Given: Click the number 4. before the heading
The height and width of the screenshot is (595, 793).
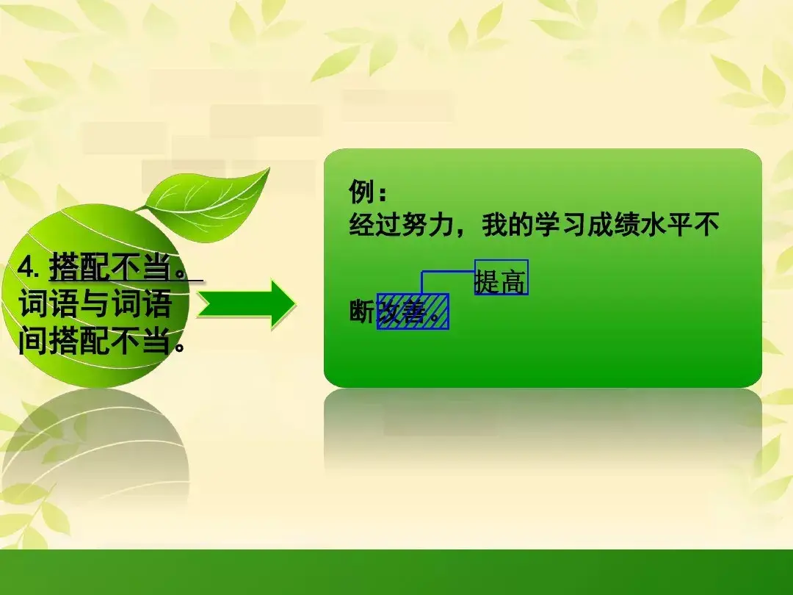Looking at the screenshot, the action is pyautogui.click(x=29, y=267).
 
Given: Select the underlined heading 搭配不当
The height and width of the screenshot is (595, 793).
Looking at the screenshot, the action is pyautogui.click(x=110, y=267).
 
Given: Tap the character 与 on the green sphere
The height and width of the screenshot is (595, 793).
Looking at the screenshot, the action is pyautogui.click(x=95, y=303).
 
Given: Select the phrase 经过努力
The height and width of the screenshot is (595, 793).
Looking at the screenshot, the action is pyautogui.click(x=401, y=225).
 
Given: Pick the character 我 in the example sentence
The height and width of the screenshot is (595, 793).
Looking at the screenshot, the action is pyautogui.click(x=494, y=225).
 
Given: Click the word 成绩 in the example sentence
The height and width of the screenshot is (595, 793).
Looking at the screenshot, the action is pyautogui.click(x=612, y=225).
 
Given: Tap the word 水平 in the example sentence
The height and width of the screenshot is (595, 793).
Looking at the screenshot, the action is pyautogui.click(x=665, y=225).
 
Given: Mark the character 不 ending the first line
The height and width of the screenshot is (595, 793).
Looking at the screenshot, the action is pyautogui.click(x=706, y=225).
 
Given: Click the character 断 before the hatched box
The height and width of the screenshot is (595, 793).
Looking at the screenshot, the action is pyautogui.click(x=362, y=311).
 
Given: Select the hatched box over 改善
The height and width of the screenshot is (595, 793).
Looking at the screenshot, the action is pyautogui.click(x=413, y=311).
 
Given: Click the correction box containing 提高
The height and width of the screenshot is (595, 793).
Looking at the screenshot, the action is pyautogui.click(x=501, y=277).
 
